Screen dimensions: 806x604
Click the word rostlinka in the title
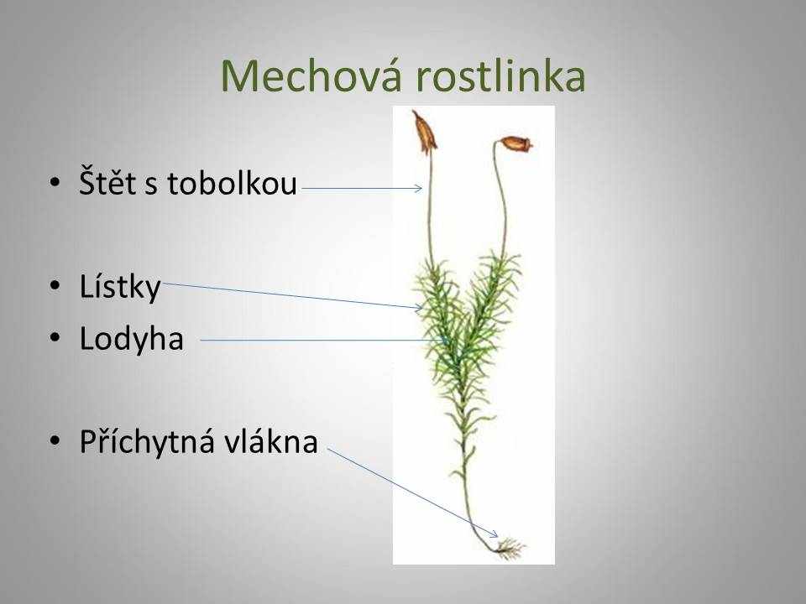click(500, 75)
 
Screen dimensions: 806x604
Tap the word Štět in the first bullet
click(108, 181)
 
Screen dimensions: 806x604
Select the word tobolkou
click(232, 182)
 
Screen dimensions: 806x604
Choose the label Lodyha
click(132, 338)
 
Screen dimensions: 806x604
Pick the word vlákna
click(274, 441)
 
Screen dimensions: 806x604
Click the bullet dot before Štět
click(55, 183)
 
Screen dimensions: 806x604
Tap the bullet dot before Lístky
click(55, 286)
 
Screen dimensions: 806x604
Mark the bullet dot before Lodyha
click(55, 338)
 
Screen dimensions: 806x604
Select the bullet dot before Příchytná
click(55, 441)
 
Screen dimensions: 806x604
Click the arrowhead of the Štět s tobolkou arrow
click(418, 189)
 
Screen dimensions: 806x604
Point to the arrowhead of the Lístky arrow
click(420, 308)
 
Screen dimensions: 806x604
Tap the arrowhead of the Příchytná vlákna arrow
click(494, 534)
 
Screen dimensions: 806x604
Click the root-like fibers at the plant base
click(510, 548)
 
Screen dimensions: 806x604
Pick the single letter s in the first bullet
click(150, 185)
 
